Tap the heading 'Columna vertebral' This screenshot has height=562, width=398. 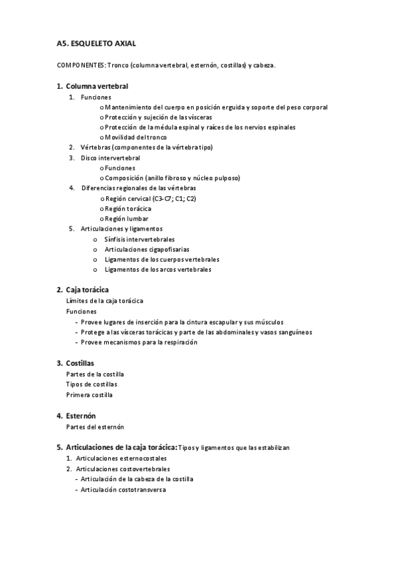97,86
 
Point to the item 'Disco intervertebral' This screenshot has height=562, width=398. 110,158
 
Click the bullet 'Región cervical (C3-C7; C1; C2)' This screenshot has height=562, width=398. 150,198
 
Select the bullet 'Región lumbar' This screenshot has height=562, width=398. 127,219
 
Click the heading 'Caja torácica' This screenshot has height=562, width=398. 87,290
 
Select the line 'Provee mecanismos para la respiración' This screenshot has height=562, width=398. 139,342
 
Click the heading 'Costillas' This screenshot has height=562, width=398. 80,363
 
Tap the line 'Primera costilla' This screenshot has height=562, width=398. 90,395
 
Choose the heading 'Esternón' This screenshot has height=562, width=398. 81,416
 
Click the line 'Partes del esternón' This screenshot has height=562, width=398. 95,427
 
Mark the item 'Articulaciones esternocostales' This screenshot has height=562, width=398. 121,458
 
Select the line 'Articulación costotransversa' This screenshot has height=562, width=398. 123,489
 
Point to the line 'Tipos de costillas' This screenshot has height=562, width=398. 92,384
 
